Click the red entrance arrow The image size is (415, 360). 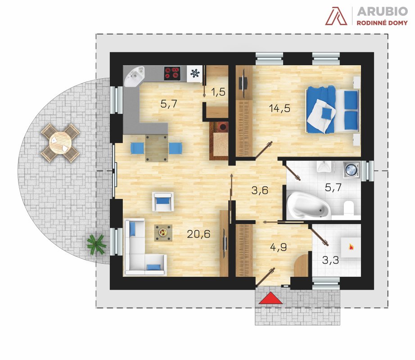tap(271, 298)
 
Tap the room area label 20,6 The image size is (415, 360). tap(198, 234)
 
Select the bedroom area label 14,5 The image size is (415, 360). tap(280, 108)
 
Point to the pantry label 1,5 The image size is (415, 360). tap(218, 92)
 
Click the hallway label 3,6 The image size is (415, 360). tap(260, 190)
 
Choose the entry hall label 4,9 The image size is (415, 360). tap(279, 247)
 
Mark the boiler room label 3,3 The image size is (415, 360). tap(330, 260)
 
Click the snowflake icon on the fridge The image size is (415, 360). tap(195, 73)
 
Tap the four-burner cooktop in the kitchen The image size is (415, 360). tap(172, 73)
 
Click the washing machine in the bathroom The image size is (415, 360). tap(351, 170)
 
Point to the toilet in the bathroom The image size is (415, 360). tap(349, 207)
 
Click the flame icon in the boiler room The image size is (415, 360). tap(351, 247)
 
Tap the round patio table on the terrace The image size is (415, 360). tap(60, 143)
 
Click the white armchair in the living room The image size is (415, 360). tap(163, 202)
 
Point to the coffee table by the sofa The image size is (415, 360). tap(163, 233)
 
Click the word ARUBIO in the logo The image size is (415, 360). tap(382, 12)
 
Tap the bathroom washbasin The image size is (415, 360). tap(324, 166)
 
